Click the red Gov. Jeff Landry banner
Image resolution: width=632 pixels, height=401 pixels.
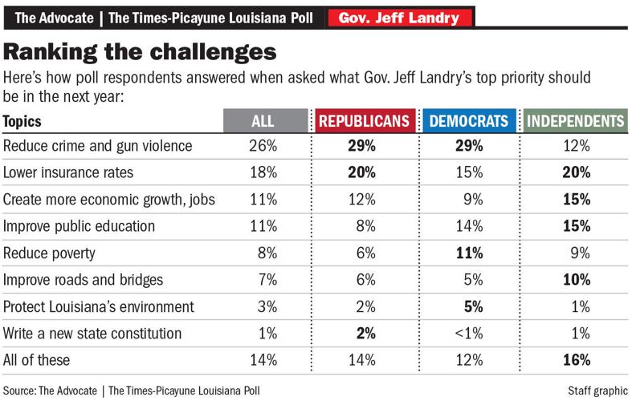(x=399, y=17)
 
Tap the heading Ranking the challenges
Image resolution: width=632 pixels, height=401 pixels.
(x=141, y=52)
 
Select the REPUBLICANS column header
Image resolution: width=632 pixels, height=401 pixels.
(x=365, y=121)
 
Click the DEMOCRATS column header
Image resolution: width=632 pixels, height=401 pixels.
(x=469, y=121)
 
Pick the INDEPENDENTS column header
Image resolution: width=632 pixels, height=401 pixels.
(x=574, y=121)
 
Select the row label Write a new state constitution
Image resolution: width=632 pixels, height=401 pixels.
(x=92, y=333)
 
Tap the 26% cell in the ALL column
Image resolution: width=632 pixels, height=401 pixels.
(x=263, y=146)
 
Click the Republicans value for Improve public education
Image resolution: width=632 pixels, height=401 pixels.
(x=365, y=226)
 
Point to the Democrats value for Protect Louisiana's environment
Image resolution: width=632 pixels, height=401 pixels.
(x=470, y=306)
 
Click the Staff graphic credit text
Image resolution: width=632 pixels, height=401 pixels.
(x=596, y=390)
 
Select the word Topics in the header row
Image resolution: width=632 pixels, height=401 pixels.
(x=22, y=121)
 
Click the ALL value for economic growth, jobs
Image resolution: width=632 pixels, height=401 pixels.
(x=263, y=199)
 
